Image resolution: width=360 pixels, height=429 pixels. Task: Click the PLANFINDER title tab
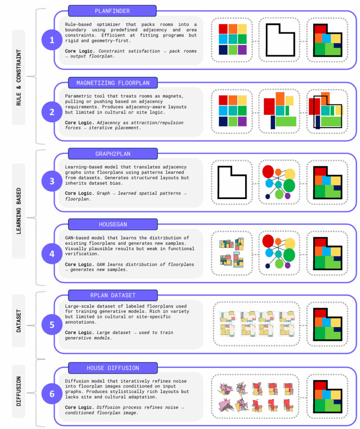(x=112, y=10)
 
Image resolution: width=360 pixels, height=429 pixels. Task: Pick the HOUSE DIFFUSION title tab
(x=112, y=368)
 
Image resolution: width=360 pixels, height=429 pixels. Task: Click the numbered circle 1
(x=52, y=40)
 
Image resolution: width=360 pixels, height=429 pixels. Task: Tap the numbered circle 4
(x=52, y=254)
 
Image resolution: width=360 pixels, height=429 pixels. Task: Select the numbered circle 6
(x=52, y=394)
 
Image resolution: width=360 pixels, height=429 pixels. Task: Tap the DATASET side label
(x=19, y=320)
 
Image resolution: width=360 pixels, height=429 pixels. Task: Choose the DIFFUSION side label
(x=19, y=391)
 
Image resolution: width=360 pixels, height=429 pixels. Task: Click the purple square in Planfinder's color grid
(x=242, y=50)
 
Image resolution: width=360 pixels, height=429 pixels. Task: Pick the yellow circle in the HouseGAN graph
(x=290, y=245)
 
